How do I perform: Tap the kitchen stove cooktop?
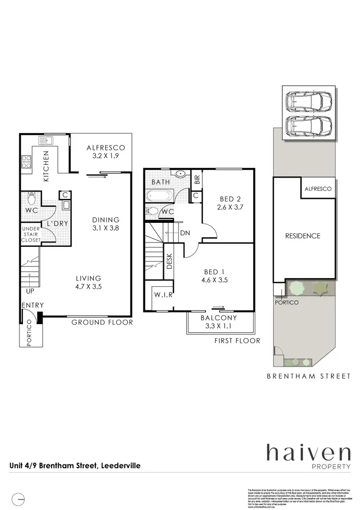point(25,163)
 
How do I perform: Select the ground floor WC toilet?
point(32,197)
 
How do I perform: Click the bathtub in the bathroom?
point(158,196)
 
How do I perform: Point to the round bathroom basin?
point(181,174)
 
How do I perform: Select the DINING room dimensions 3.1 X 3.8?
point(106,229)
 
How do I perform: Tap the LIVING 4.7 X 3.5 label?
point(88,282)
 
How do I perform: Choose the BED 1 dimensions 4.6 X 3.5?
point(220,280)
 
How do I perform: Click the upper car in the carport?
point(308,101)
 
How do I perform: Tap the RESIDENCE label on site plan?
point(302,236)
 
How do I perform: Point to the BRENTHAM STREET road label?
point(309,376)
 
